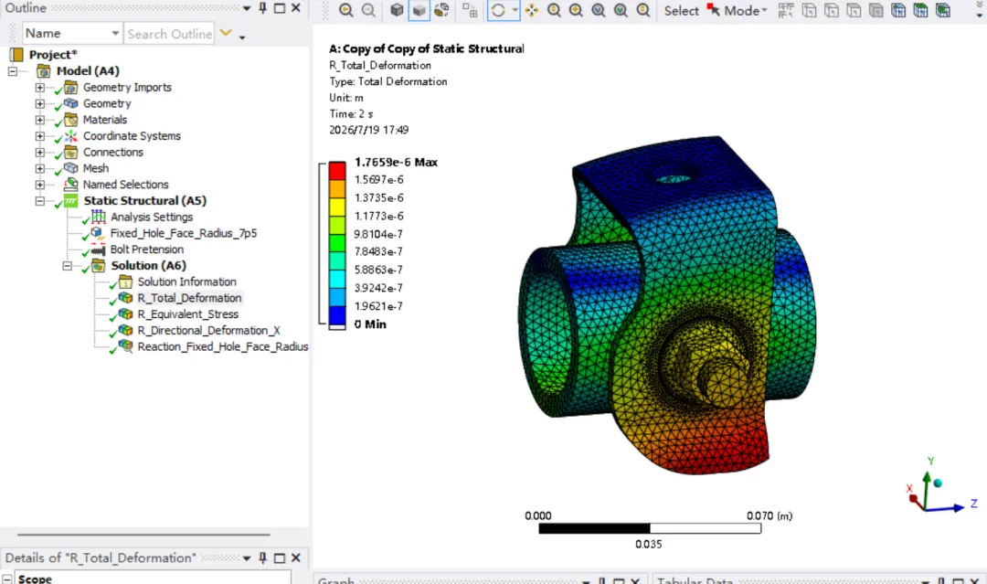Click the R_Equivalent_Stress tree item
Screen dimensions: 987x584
pos(187,314)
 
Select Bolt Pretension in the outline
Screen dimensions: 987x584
pos(146,250)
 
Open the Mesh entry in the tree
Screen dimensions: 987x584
pos(96,168)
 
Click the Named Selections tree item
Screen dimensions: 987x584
pos(125,185)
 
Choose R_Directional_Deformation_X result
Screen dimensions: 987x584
pos(208,331)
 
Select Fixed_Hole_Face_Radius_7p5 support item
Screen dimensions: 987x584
pos(183,233)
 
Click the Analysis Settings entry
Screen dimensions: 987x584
pos(152,217)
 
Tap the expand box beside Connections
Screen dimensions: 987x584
pos(39,153)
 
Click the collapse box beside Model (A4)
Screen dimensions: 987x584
pos(13,71)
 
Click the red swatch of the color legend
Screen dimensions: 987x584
pos(337,171)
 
